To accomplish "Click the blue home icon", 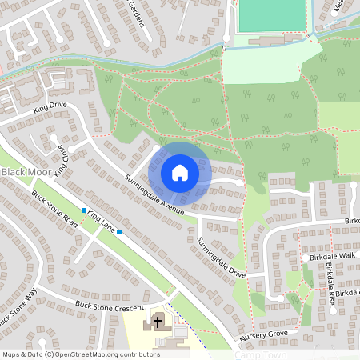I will [x=180, y=173].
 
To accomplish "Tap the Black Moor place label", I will [x=23, y=173].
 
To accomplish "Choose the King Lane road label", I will [x=102, y=221].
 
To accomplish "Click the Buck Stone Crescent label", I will [x=109, y=306].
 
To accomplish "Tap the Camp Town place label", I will [x=261, y=354].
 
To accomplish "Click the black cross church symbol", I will [x=158, y=322].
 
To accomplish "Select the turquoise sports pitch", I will [x=272, y=16].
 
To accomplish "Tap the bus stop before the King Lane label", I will [x=83, y=210].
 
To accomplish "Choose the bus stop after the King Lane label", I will [x=118, y=232].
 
